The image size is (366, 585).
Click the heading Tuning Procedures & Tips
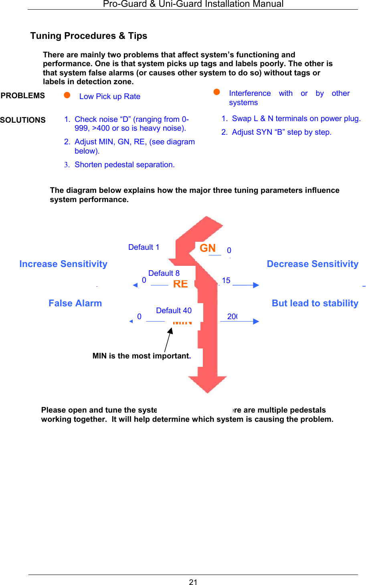tap(89, 36)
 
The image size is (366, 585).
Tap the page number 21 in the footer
tap(193, 582)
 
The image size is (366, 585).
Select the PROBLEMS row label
tap(23, 95)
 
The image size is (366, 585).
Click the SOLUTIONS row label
tap(23, 120)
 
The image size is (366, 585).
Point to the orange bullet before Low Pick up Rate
tap(67, 95)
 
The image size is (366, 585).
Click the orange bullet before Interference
tap(216, 92)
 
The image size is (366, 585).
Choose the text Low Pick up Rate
tap(110, 96)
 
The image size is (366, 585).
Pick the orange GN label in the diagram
tap(208, 248)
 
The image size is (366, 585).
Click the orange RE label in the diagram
tap(180, 284)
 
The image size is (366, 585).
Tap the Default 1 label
tap(144, 247)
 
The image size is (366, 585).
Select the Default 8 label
tap(164, 273)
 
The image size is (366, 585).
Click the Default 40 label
tap(174, 310)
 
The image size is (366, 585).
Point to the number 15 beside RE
tap(226, 280)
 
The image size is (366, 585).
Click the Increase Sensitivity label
tap(63, 264)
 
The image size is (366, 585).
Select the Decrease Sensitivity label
tap(313, 264)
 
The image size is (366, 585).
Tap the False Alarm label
tap(75, 303)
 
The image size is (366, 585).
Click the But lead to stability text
tap(315, 303)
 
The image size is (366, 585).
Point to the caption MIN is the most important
tap(142, 356)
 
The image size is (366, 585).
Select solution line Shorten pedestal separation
tap(124, 164)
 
